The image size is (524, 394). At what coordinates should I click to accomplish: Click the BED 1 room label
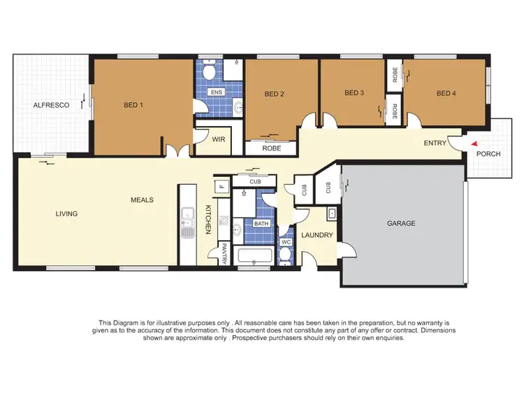point(133,106)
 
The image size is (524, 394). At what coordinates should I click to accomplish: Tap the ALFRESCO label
point(51,106)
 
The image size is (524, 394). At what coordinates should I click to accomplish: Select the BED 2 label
point(274,94)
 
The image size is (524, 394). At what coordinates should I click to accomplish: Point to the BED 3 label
point(354,93)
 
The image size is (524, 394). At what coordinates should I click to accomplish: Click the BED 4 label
point(446,93)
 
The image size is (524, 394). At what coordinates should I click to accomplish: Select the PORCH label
point(488,153)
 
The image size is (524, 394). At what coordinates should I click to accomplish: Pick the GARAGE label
point(402,224)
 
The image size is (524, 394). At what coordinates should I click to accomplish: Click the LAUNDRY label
point(318,235)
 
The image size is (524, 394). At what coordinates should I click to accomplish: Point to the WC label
point(285,242)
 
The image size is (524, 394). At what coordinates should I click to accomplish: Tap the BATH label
point(261,224)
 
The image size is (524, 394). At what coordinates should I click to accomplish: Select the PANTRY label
point(225,253)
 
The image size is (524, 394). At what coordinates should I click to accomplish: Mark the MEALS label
point(142,200)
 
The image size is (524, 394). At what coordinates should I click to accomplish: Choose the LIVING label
point(67,214)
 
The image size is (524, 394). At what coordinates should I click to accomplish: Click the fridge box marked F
point(222,187)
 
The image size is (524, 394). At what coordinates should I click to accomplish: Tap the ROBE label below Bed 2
point(271,148)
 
